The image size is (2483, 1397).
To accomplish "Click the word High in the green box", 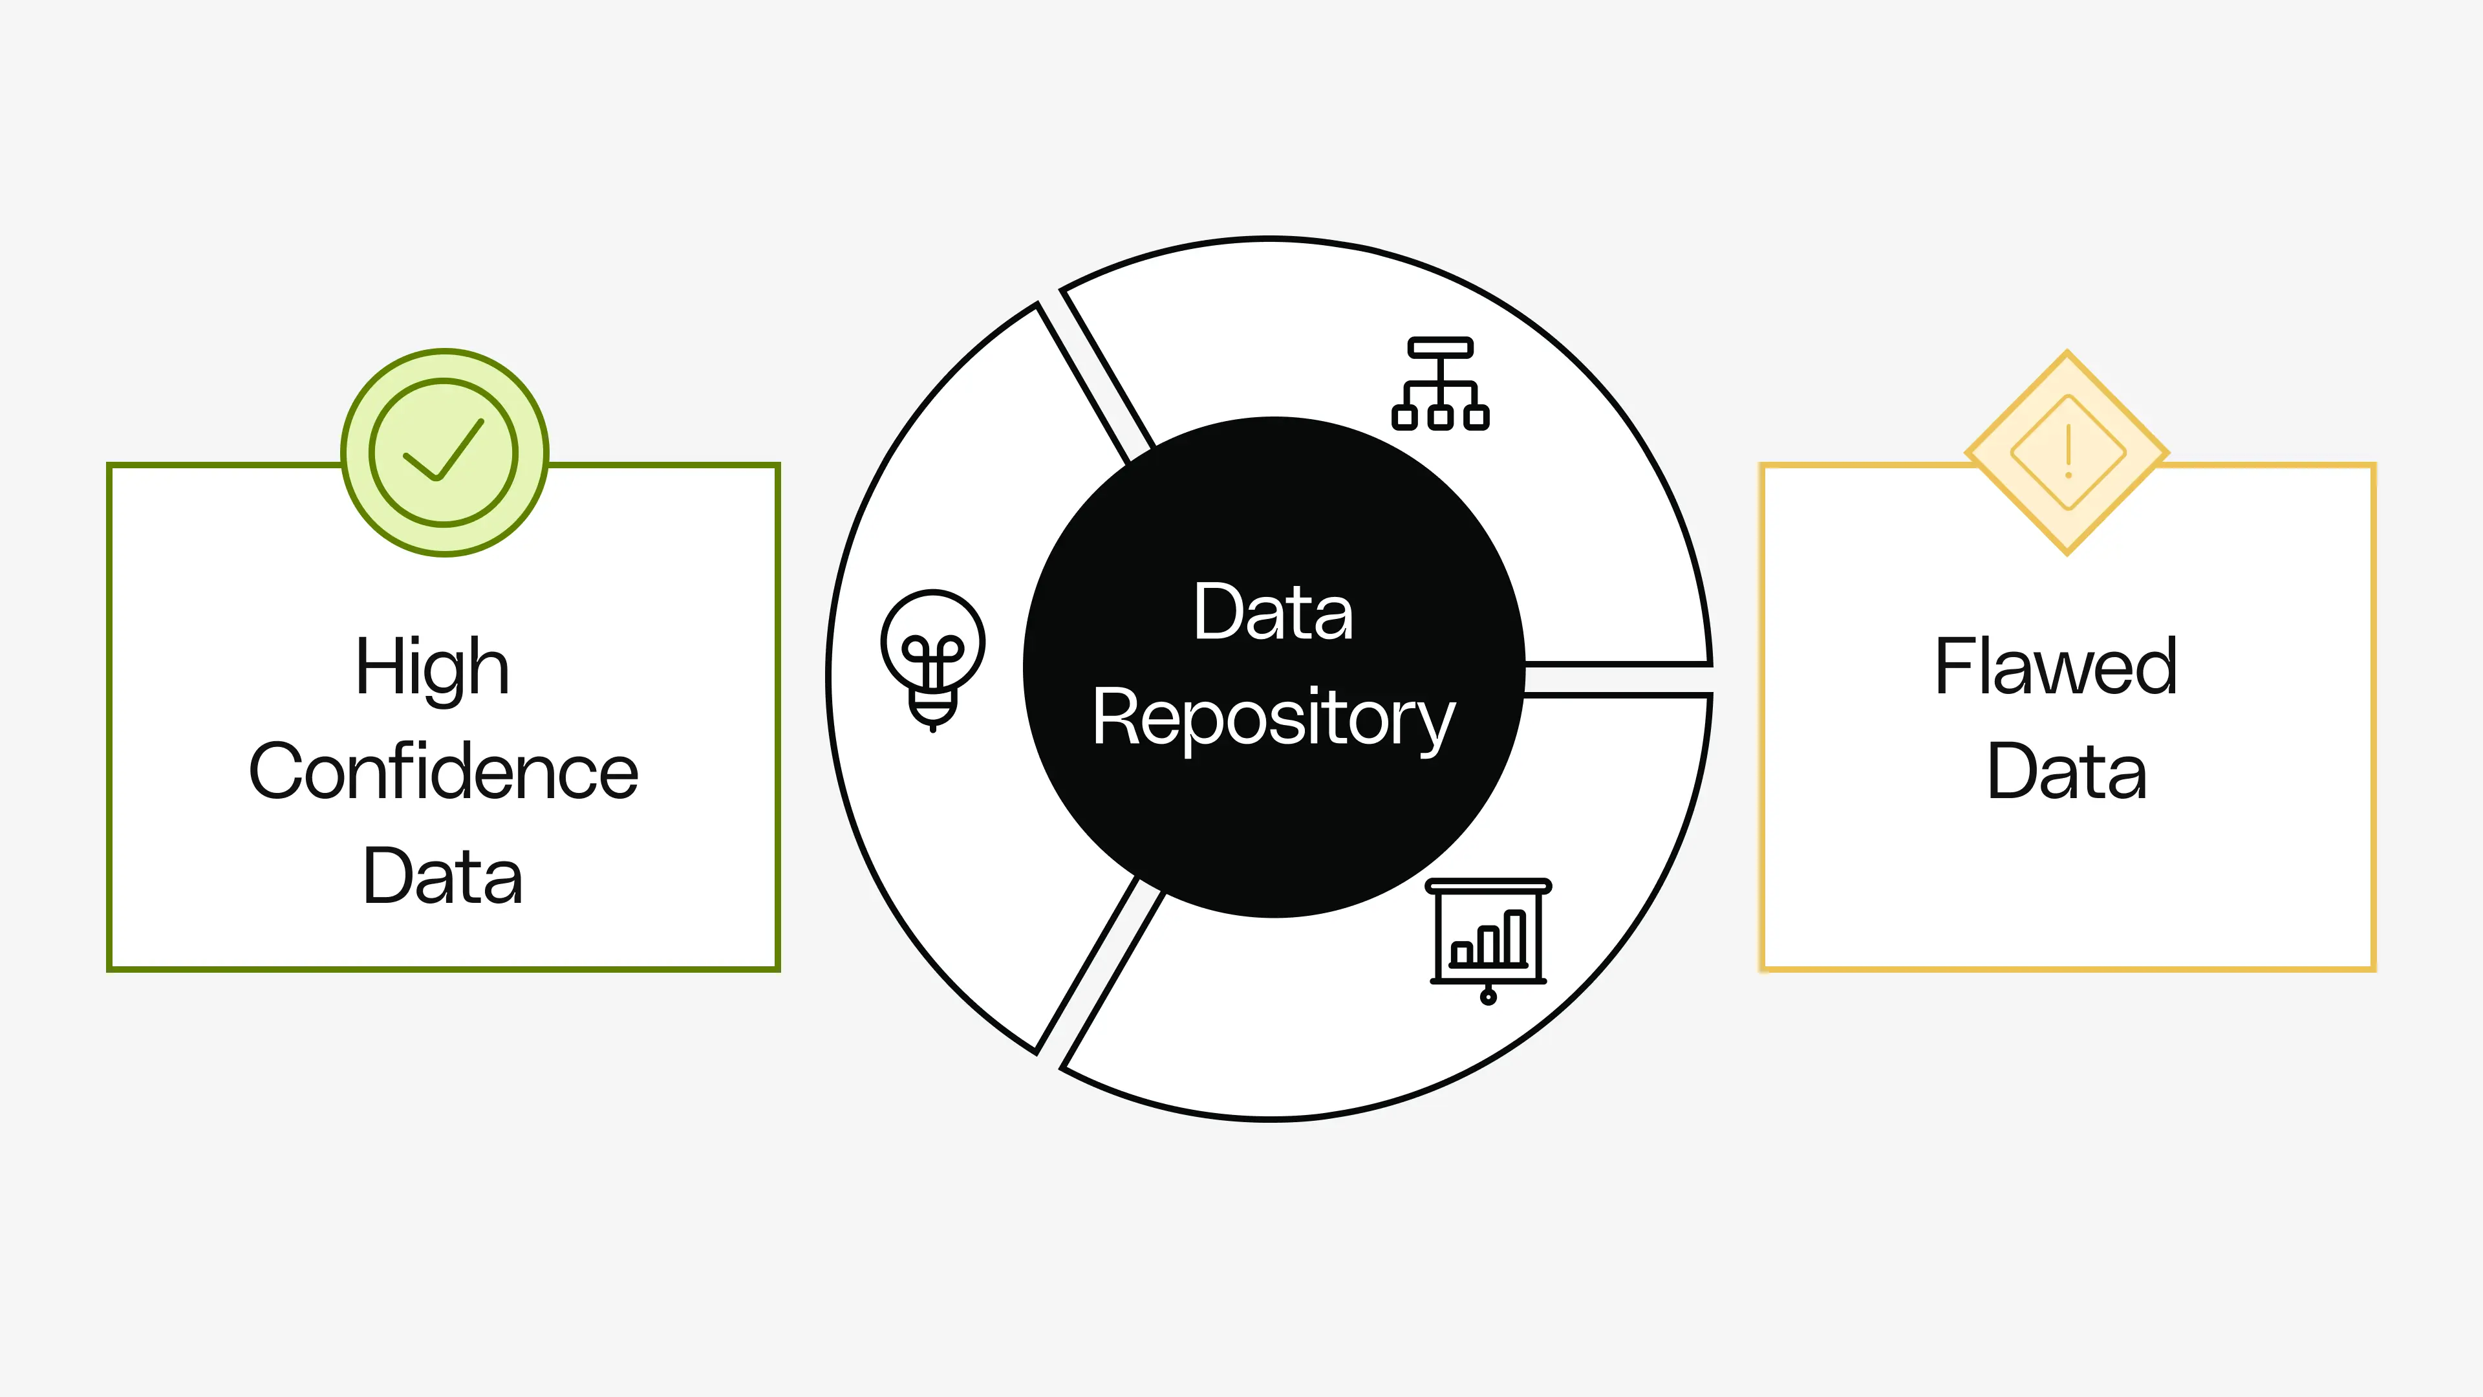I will (x=432, y=667).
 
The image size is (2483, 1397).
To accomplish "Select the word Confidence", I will (x=444, y=772).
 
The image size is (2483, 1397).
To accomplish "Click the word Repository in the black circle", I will (x=1273, y=719).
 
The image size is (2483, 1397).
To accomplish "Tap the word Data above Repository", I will (x=1273, y=612).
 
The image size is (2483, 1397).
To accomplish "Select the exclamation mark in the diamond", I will (x=2069, y=451).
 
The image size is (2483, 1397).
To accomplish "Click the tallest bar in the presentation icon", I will (x=1514, y=937).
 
